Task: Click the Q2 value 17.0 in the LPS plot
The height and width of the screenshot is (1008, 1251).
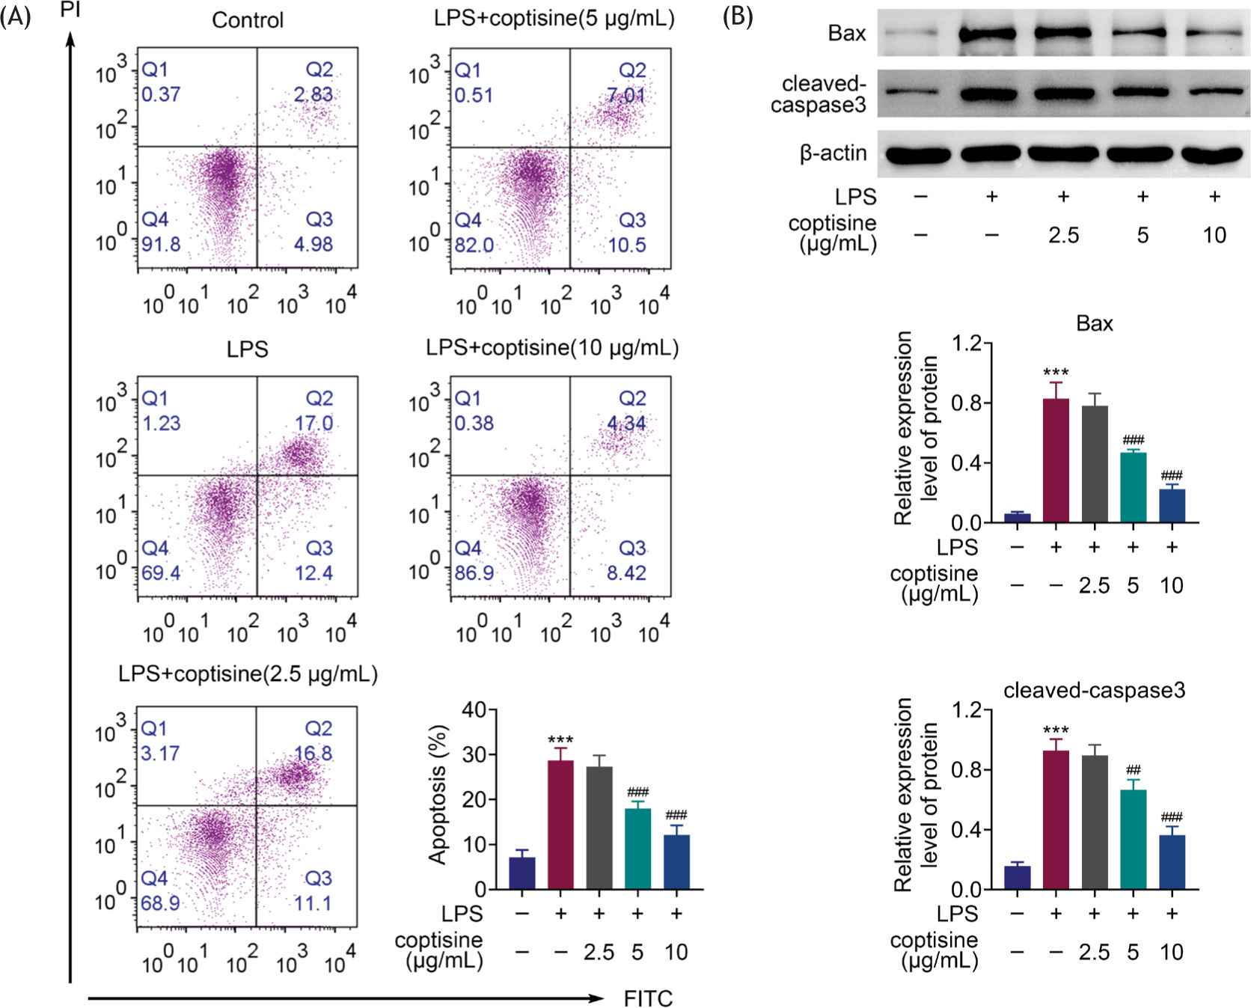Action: (x=313, y=424)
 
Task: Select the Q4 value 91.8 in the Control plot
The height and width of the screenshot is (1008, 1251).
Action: (x=162, y=244)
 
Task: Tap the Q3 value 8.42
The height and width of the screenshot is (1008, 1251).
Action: (x=626, y=573)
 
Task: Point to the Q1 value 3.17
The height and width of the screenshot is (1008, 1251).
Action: (x=160, y=753)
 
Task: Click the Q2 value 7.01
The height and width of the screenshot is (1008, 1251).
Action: (x=626, y=95)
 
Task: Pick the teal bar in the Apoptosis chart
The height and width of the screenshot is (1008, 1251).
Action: (x=637, y=849)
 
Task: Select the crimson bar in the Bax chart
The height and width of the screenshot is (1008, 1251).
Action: (x=1056, y=460)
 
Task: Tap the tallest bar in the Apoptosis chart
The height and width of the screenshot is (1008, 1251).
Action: (x=560, y=825)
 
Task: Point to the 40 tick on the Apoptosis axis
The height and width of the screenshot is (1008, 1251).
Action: (x=474, y=709)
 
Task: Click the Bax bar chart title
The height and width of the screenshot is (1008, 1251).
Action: (x=1094, y=323)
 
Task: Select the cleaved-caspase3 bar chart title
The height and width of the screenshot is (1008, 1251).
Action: (x=1094, y=690)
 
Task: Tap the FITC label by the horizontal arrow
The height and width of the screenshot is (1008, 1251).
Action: (x=648, y=998)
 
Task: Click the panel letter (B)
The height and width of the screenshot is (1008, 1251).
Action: (x=737, y=16)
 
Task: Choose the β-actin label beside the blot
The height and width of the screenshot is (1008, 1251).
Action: (x=833, y=153)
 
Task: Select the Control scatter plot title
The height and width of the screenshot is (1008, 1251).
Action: (x=248, y=19)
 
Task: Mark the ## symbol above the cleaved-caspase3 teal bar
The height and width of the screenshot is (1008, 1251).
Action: (x=1133, y=769)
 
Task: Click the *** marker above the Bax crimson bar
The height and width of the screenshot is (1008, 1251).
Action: (x=1056, y=372)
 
